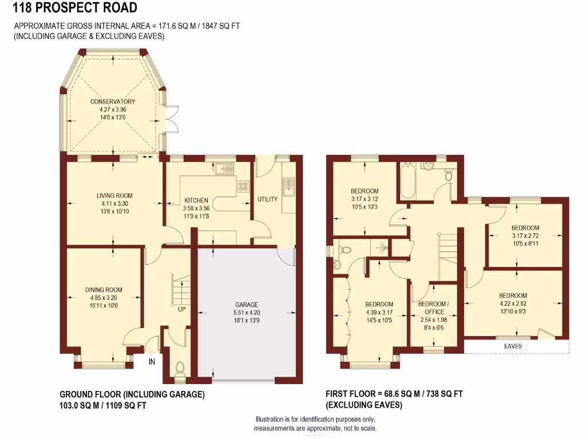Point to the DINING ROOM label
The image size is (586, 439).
(104, 290)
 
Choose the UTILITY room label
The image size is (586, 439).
(267, 199)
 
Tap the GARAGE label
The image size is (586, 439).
(247, 305)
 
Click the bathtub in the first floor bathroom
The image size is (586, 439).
(407, 182)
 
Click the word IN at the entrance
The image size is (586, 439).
(152, 361)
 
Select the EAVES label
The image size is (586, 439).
(513, 346)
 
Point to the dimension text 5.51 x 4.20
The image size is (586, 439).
(247, 313)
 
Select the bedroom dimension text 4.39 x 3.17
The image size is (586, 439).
(379, 312)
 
